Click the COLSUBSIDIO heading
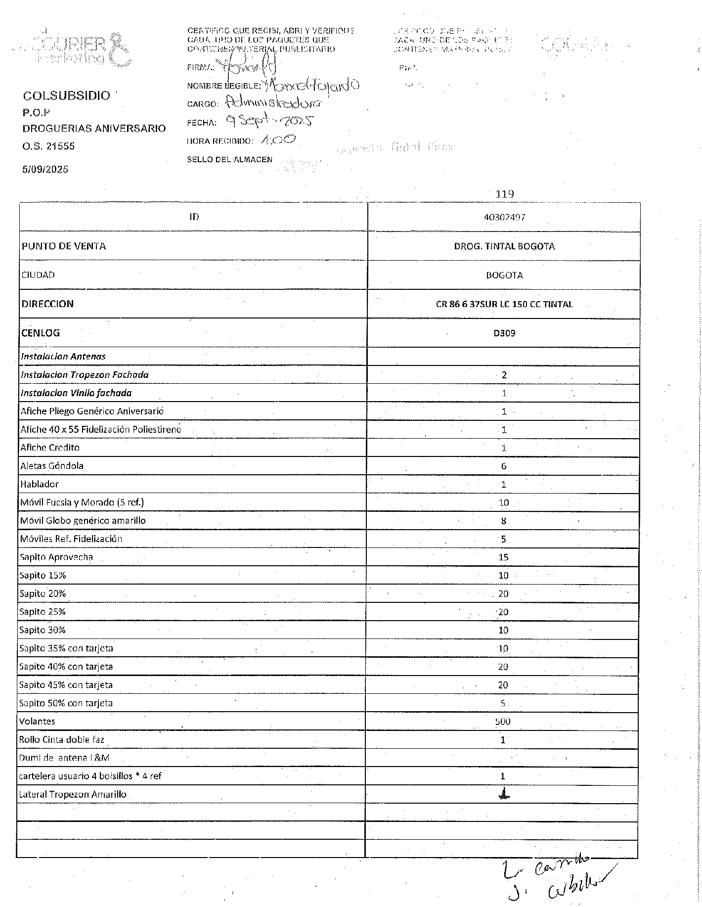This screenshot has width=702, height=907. tap(66, 96)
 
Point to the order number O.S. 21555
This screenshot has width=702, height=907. tap(48, 146)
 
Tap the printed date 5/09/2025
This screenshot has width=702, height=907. tap(45, 170)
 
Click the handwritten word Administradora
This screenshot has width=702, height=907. tap(273, 103)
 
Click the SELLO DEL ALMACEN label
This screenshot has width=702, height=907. tap(229, 159)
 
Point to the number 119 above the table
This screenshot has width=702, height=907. tap(504, 194)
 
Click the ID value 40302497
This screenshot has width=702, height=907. tap(504, 217)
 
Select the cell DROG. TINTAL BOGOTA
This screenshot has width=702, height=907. tap(504, 246)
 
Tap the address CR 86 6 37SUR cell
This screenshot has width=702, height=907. tap(504, 304)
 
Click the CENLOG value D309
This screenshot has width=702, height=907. tap(504, 333)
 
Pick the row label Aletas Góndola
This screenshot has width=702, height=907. tap(52, 466)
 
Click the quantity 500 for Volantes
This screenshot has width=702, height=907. tap(503, 722)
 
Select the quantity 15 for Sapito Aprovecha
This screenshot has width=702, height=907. tap(503, 557)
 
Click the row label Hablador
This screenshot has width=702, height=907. tap(40, 484)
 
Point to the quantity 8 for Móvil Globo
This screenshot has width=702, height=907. tap(503, 521)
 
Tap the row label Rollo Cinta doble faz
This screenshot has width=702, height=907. tap(62, 740)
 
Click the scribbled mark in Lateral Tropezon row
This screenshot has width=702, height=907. tap(503, 794)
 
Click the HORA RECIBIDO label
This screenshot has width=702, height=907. tap(219, 141)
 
